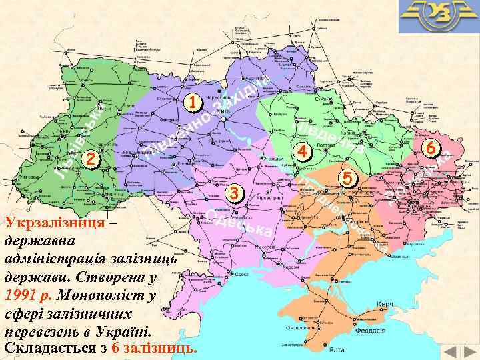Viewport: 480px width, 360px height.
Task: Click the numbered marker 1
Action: click(x=192, y=103)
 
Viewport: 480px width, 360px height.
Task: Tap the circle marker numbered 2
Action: click(x=91, y=159)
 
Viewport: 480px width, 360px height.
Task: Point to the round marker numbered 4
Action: click(x=302, y=151)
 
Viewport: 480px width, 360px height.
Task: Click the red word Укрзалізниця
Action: click(x=54, y=222)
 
